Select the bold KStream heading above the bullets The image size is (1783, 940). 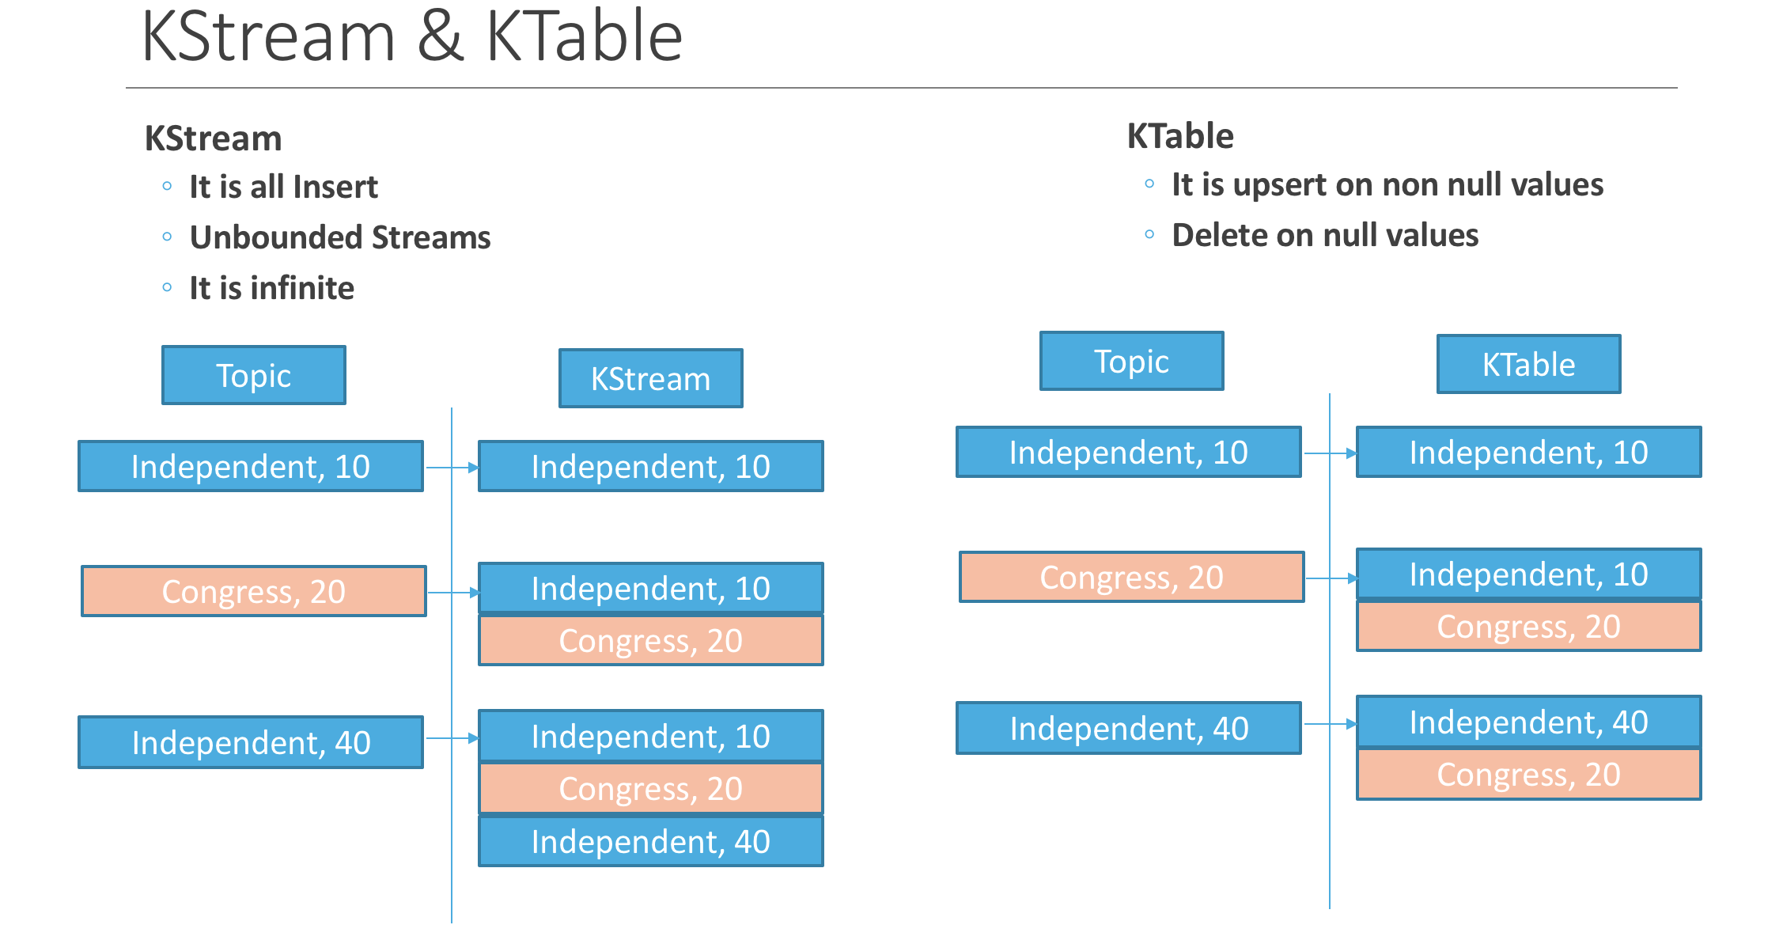point(213,138)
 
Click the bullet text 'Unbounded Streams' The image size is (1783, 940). point(340,237)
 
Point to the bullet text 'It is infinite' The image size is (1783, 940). point(271,288)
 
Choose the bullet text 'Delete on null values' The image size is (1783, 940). point(1325,235)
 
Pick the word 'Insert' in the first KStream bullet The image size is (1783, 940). point(335,187)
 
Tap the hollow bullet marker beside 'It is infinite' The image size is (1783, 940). point(167,287)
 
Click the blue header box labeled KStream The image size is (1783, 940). point(650,378)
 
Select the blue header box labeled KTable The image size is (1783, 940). point(1528,364)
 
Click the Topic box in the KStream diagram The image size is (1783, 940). point(253,375)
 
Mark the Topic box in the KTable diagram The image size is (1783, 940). point(1131,361)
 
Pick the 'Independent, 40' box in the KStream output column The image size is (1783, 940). point(650,841)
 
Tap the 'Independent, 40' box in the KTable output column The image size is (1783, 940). point(1528,722)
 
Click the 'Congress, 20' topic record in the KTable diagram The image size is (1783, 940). point(1131,577)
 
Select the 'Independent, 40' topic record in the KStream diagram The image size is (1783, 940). point(251,742)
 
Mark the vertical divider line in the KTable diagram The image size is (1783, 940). point(1330,831)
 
